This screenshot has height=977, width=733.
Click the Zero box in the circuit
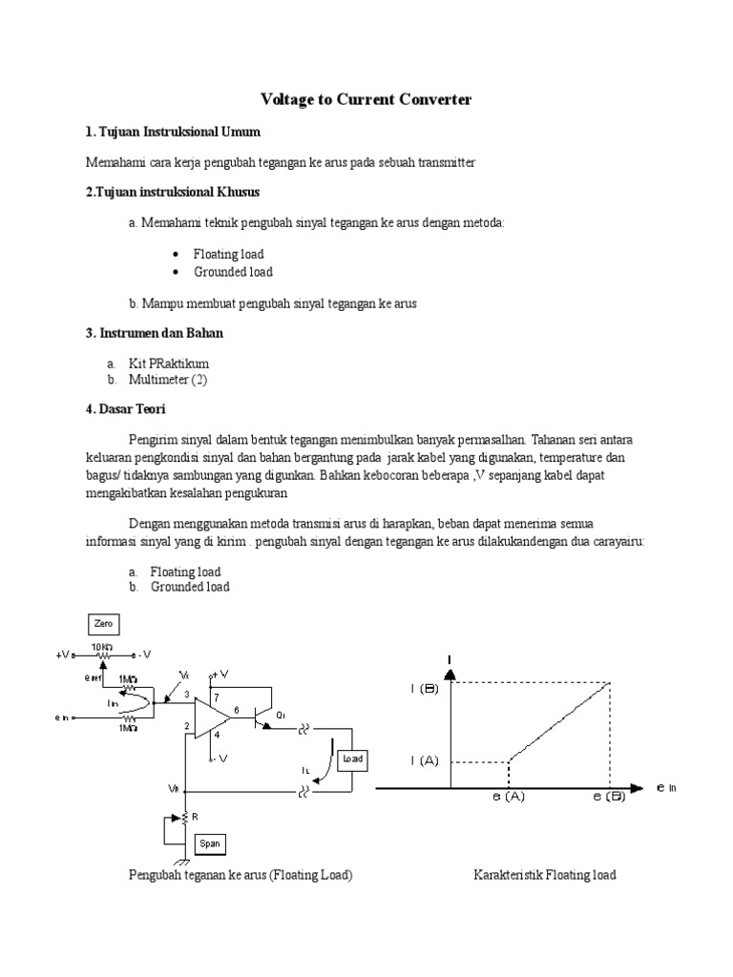pos(103,625)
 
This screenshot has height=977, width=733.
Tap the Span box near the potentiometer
pos(209,843)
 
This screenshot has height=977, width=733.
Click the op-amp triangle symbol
pos(211,717)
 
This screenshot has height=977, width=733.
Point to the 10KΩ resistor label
pos(102,646)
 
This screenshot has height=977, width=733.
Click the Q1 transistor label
pos(280,715)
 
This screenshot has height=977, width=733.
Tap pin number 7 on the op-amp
pos(217,697)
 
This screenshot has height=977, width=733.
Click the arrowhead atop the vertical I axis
pos(450,674)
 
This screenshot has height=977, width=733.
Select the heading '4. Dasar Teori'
pos(126,408)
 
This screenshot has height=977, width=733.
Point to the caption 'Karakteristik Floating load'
pos(544,875)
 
